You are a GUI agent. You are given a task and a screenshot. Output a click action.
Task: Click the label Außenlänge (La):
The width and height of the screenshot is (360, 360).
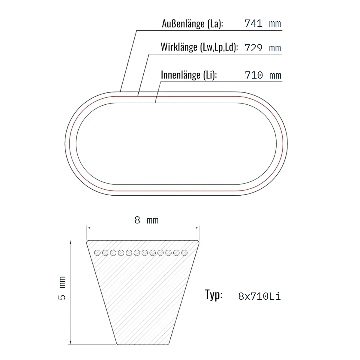pos(192,24)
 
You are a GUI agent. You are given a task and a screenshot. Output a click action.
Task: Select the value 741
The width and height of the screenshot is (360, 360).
pos(253,23)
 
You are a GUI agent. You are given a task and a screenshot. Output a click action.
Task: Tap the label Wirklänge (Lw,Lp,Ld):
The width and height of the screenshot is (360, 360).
pos(199,47)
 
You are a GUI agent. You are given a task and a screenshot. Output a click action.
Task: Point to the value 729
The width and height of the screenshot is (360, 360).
pos(253,48)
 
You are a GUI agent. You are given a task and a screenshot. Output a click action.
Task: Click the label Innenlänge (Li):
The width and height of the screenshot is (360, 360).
pos(189,75)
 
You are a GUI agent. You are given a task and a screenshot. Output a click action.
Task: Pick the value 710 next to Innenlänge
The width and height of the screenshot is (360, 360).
pos(254,75)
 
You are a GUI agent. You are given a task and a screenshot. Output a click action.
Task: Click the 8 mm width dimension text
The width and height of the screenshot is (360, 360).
pos(146,220)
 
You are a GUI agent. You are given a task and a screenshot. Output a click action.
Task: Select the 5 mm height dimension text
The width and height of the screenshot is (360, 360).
pos(62,288)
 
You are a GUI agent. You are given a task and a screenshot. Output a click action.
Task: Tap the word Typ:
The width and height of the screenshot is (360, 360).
pos(214,295)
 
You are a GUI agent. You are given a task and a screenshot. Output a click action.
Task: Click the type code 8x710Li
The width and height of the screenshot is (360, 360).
pos(259,296)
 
